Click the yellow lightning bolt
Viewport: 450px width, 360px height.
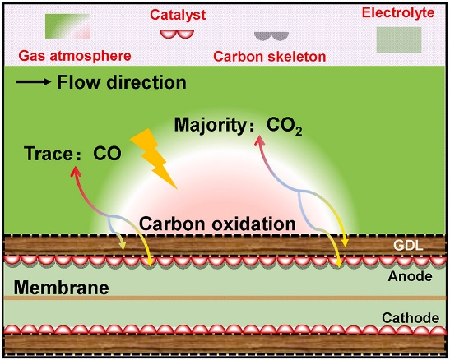[x=154, y=158]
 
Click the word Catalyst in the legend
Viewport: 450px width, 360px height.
[x=178, y=15]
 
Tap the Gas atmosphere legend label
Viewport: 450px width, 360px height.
[x=75, y=56]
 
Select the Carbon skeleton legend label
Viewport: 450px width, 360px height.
[x=270, y=57]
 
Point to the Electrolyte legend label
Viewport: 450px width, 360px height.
[x=398, y=12]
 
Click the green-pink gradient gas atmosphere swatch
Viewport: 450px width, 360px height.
[x=67, y=26]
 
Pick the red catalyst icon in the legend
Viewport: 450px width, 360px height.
[x=177, y=34]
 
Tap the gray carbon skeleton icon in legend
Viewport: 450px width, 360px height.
[x=271, y=36]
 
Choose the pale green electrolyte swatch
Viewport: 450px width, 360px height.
[x=399, y=39]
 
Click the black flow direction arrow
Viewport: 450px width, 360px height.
[x=33, y=82]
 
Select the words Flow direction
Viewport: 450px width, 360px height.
[x=122, y=82]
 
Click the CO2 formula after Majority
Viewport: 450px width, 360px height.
[x=284, y=126]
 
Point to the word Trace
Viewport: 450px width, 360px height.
[x=49, y=154]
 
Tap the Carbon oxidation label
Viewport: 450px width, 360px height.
[x=217, y=224]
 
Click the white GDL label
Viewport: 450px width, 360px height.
[x=408, y=246]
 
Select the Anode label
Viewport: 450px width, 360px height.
[x=411, y=276]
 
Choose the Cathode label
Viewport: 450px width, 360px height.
[x=411, y=318]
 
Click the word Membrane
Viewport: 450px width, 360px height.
[x=62, y=288]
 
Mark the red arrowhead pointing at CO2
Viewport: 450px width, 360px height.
[x=260, y=141]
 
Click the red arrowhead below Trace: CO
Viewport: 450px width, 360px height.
[x=75, y=172]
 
